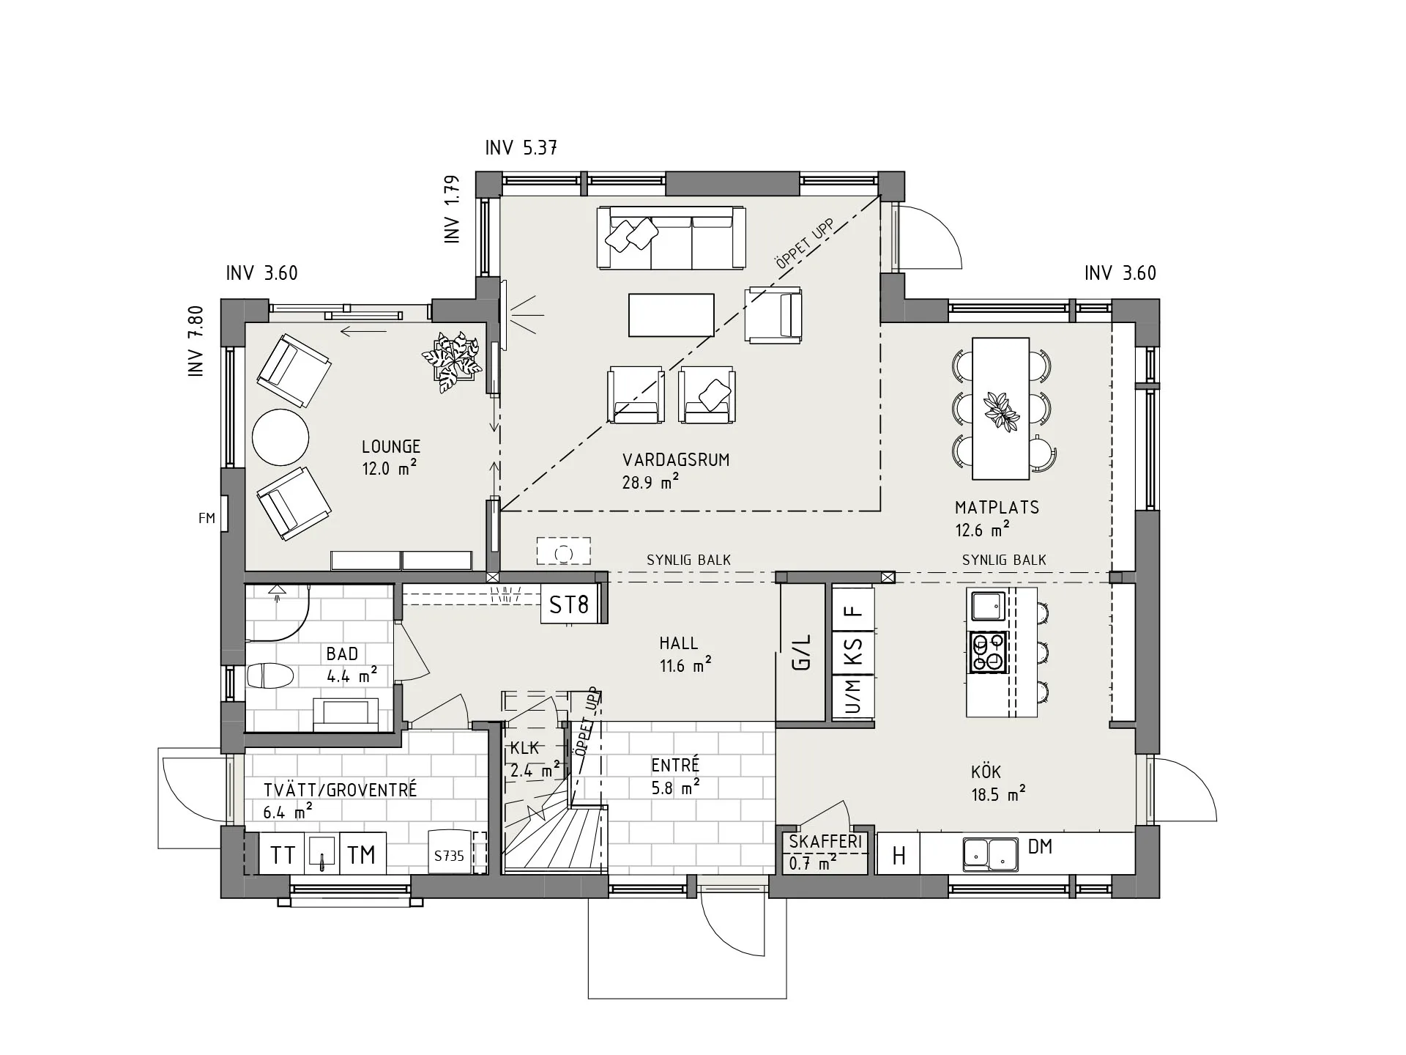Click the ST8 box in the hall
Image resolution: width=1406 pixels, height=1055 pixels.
(569, 604)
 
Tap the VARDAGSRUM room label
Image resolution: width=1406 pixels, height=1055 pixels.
(675, 460)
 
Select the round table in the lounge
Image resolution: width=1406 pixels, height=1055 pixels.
(280, 437)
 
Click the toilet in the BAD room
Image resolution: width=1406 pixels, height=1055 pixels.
(269, 675)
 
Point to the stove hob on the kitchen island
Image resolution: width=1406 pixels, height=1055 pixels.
(989, 653)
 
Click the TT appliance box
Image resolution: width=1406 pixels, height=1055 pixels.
(283, 854)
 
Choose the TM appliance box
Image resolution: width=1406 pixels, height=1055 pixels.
(362, 854)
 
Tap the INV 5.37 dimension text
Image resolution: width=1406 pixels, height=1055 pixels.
(521, 148)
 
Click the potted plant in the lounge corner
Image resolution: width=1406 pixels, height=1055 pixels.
(453, 361)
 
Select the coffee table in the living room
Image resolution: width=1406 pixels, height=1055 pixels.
(671, 315)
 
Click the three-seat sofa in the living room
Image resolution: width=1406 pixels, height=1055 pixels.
(671, 239)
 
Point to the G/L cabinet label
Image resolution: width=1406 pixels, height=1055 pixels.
(803, 652)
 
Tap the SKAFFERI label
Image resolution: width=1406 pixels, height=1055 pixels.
(825, 842)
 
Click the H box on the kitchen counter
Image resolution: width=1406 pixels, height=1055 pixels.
(899, 855)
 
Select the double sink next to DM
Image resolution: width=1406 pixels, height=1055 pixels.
(990, 854)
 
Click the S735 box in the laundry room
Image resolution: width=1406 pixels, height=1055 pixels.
(449, 855)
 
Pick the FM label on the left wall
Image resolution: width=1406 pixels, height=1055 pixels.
(207, 518)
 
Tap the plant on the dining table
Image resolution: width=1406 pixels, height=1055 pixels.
(1000, 410)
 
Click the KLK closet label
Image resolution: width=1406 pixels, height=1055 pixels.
(524, 748)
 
